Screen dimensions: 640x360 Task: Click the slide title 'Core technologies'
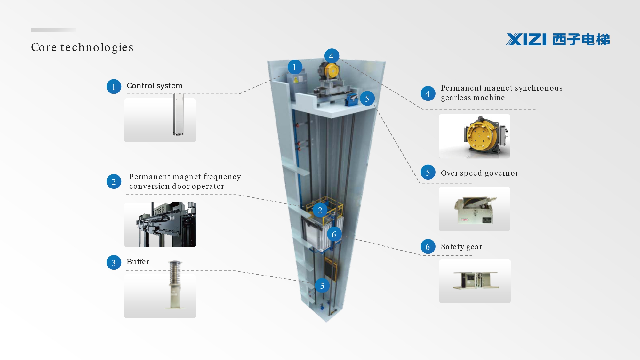[x=82, y=47]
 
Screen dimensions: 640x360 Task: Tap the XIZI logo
[x=558, y=40]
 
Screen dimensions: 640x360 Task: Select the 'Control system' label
[x=154, y=86]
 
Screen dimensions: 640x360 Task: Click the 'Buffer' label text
[x=138, y=262]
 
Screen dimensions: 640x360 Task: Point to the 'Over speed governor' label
[x=479, y=173]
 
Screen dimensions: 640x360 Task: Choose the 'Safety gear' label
[x=461, y=247]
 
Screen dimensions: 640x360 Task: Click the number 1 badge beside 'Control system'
[x=114, y=87]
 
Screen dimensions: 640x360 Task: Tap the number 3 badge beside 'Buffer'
[x=114, y=263]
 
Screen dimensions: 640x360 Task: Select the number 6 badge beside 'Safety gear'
[x=428, y=247]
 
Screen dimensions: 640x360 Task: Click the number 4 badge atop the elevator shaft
[x=332, y=56]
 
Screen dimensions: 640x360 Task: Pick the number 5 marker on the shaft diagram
[x=367, y=99]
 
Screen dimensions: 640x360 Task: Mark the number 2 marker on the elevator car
[x=320, y=210]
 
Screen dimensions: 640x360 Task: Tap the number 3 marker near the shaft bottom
[x=322, y=286]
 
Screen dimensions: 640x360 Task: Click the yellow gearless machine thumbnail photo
[x=475, y=136]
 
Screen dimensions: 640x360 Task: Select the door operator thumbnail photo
[x=160, y=225]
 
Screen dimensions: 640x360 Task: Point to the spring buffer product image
[x=175, y=284]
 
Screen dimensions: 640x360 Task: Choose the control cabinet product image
[x=178, y=115]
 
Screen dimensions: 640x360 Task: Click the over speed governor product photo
[x=475, y=209]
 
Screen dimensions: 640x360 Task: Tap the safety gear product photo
[x=475, y=281]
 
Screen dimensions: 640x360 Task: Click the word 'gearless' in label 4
[x=456, y=98]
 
